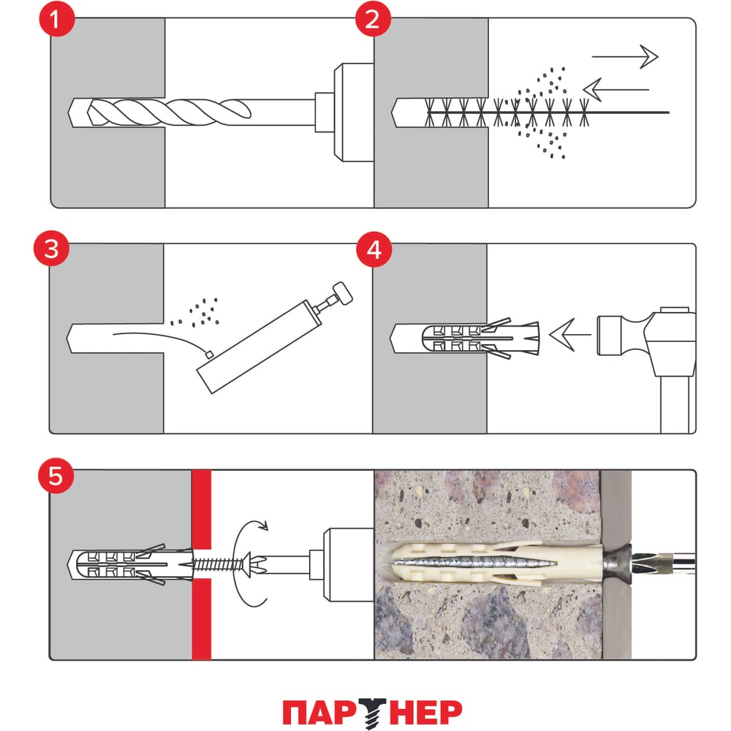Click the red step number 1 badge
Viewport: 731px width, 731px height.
pyautogui.click(x=56, y=19)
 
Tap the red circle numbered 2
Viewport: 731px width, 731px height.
pyautogui.click(x=373, y=19)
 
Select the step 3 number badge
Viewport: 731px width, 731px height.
pyautogui.click(x=51, y=249)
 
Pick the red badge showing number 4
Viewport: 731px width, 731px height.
pyautogui.click(x=374, y=250)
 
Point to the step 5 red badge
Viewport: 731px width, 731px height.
pyautogui.click(x=56, y=476)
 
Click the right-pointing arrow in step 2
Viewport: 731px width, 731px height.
pyautogui.click(x=625, y=57)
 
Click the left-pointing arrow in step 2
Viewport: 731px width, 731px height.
pyautogui.click(x=616, y=89)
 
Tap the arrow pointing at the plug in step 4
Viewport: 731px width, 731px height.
pyautogui.click(x=570, y=335)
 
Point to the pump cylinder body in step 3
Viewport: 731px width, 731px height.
pyautogui.click(x=260, y=346)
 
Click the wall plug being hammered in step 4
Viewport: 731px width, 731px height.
pyautogui.click(x=480, y=338)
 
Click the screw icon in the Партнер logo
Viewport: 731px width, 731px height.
pyautogui.click(x=373, y=712)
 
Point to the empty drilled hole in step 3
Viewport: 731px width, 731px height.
pyautogui.click(x=115, y=338)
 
